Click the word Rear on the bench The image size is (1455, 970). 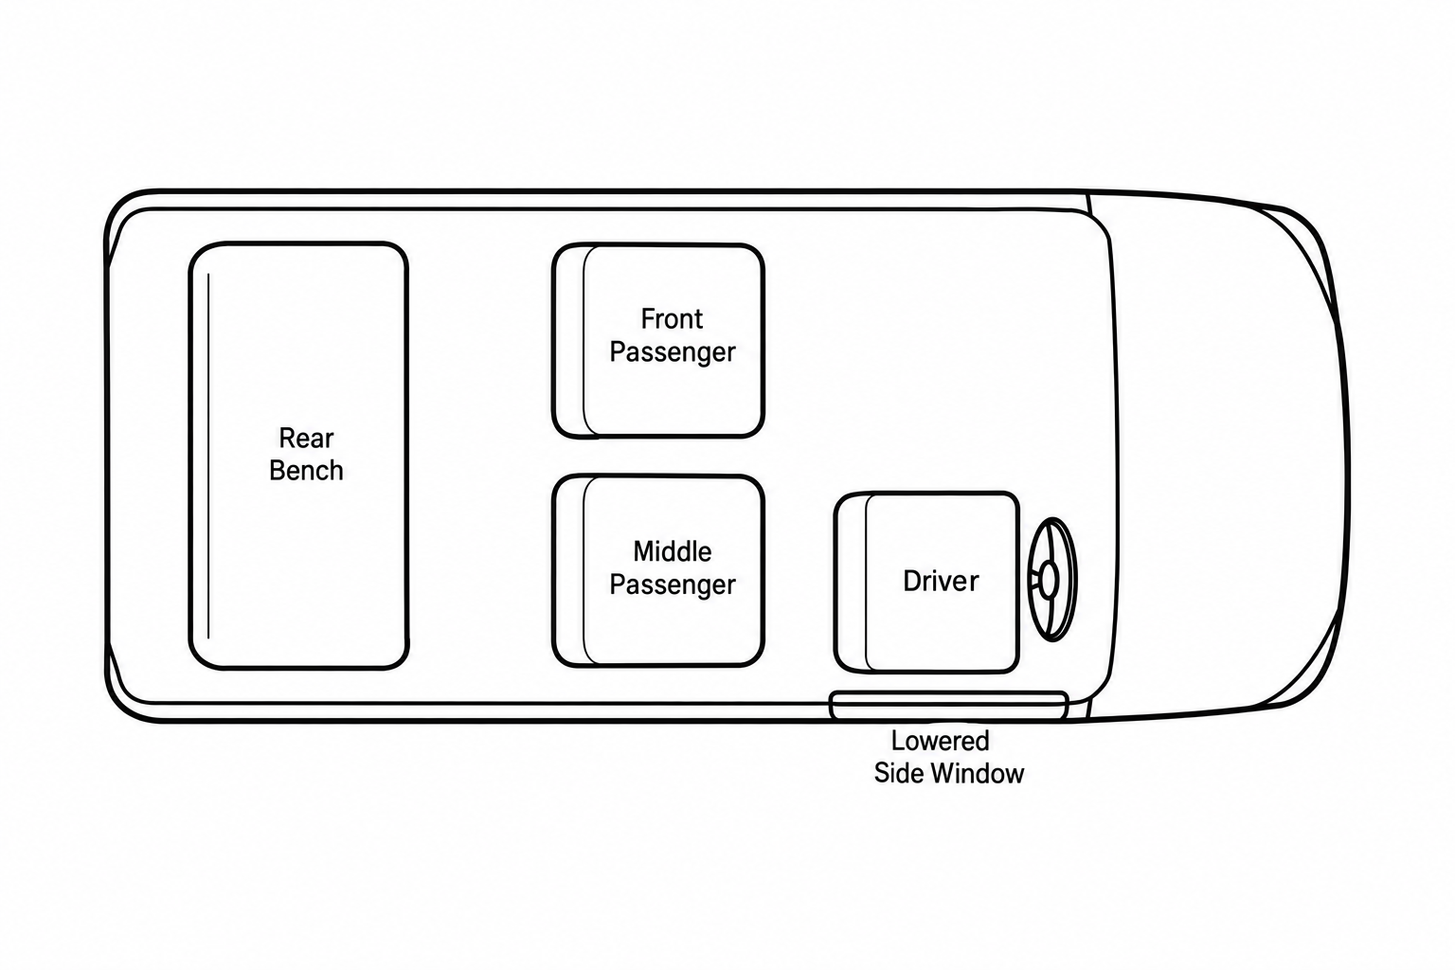point(306,439)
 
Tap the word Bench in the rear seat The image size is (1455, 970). point(306,471)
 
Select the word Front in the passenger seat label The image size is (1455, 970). point(672,319)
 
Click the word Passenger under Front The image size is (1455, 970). point(673,352)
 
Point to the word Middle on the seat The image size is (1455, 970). point(673,551)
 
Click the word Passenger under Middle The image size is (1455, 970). point(673,584)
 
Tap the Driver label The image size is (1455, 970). point(941,581)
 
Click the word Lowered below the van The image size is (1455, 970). point(940,741)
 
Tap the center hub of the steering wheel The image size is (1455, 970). point(1049,579)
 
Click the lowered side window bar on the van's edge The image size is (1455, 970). point(949,706)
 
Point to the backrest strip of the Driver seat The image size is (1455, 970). point(851,582)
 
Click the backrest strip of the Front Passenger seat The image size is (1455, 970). point(568,340)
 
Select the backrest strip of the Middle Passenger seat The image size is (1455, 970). point(568,571)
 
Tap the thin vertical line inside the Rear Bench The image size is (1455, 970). point(208,456)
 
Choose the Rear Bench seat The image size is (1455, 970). point(298,456)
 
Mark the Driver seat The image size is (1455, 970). point(927,582)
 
